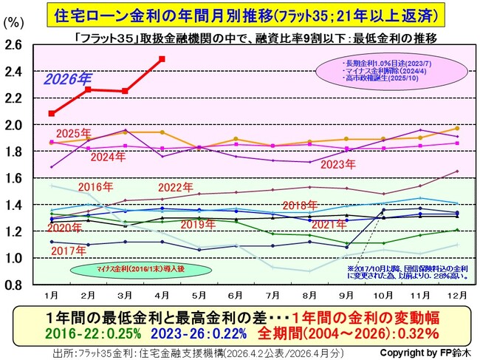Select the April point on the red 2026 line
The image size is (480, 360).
click(162, 58)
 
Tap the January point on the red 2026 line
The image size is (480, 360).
click(51, 113)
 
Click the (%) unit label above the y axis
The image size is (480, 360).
click(13, 21)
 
